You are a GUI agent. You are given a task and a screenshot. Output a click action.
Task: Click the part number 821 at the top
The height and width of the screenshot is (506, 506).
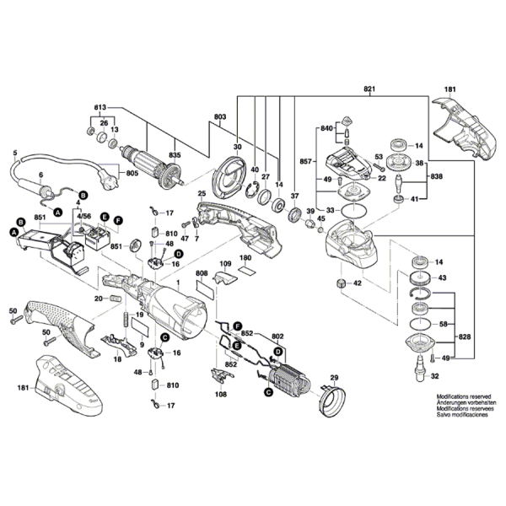point(368,89)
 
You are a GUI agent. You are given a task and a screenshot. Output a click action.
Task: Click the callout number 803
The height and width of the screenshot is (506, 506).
point(220,115)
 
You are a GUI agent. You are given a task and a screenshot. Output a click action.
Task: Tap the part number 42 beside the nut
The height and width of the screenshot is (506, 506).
point(358,283)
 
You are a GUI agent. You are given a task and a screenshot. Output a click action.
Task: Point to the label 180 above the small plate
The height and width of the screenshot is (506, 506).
point(245,257)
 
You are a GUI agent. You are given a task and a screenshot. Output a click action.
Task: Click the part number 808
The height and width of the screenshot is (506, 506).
point(202,273)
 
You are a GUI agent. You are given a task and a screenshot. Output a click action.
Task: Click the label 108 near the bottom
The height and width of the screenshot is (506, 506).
point(220,395)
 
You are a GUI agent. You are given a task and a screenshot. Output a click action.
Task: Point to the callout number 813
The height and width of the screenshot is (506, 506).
point(100,107)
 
